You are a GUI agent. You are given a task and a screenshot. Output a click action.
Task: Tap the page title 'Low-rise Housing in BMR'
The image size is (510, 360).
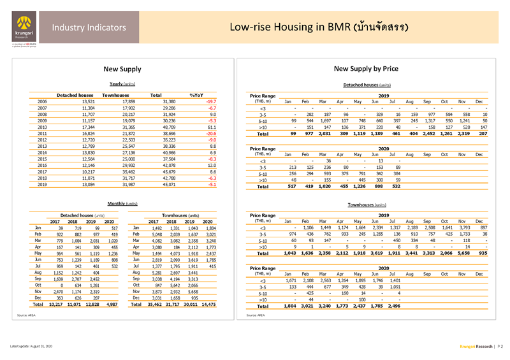(319, 27)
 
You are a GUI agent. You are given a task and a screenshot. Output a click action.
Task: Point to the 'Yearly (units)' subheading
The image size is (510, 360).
(121, 83)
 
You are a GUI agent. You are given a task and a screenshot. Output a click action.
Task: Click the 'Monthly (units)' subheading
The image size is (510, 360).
(121, 203)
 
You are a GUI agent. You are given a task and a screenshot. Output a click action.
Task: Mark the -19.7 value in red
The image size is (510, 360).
(208, 101)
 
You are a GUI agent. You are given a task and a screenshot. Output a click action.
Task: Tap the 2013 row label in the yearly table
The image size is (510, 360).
(43, 147)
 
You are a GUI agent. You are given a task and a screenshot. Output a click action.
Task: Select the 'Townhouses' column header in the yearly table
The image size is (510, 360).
(115, 94)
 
